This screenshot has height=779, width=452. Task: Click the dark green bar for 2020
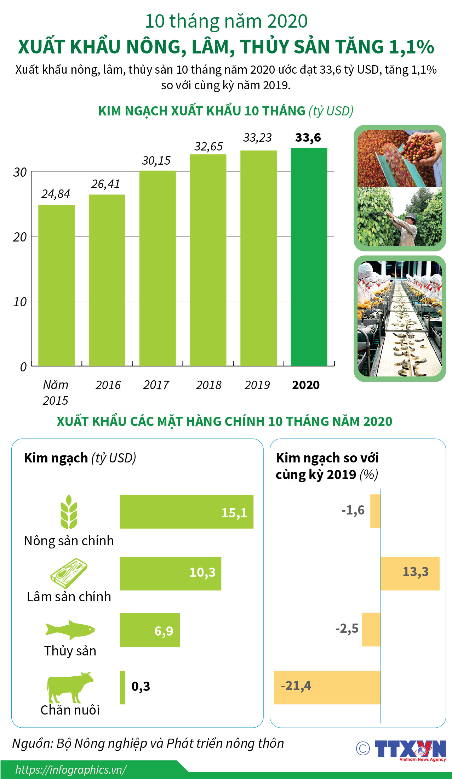pos(309,257)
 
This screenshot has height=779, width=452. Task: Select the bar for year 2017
pos(158,268)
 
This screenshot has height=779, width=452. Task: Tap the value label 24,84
pos(56,194)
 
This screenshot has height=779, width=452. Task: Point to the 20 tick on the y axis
pos(20,237)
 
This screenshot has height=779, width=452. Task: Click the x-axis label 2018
pos(208,385)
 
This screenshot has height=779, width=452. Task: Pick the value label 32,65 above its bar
pos(208,147)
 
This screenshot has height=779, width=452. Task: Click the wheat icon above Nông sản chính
pos(69,512)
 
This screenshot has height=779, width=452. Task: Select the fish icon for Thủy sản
pos(70,630)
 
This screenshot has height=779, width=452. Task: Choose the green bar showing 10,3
pos(170,573)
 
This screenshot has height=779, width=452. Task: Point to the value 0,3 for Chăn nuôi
pos(141,686)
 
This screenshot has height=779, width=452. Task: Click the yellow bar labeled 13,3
pos(410,573)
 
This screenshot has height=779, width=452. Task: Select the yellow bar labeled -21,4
pos(327,687)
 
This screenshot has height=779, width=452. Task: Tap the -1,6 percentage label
pos(353,510)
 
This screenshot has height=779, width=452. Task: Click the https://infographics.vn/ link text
pos(71,770)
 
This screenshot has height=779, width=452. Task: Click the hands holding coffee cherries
pos(423,149)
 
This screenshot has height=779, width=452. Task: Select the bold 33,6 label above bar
pos(308,137)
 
